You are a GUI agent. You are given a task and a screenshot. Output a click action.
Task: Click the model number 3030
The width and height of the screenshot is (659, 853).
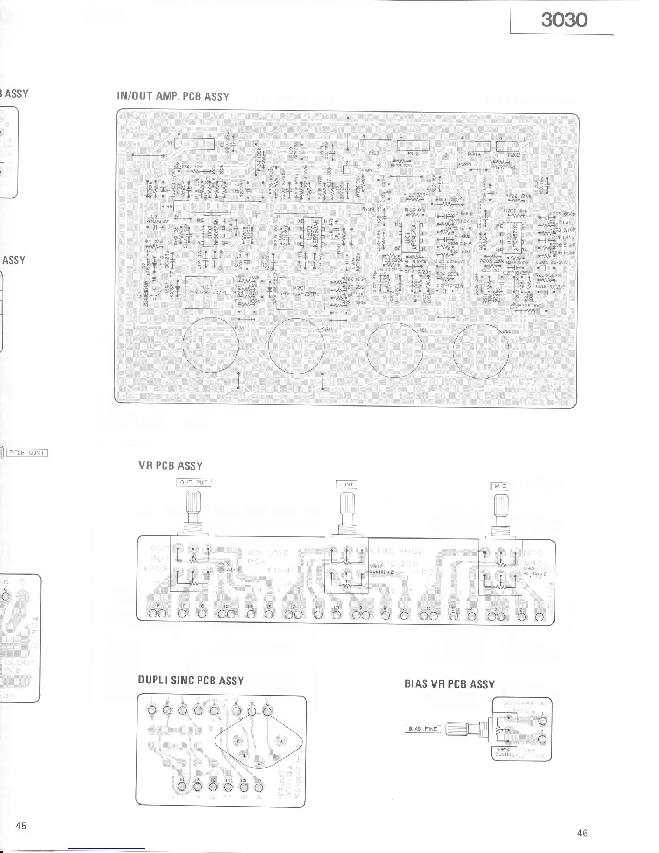(x=564, y=20)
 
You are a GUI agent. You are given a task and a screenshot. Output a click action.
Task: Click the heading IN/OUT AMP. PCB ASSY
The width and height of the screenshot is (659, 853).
(x=173, y=97)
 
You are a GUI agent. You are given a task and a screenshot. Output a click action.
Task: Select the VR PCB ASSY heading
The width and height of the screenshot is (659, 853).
(x=171, y=466)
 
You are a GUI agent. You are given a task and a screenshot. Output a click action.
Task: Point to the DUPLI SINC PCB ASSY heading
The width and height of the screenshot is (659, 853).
(x=191, y=681)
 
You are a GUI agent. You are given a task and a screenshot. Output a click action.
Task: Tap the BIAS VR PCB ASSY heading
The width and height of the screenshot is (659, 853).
(x=450, y=684)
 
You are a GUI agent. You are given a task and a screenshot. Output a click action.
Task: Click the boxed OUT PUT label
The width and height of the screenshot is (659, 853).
(x=194, y=483)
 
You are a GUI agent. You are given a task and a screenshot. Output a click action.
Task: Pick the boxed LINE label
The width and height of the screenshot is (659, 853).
(x=347, y=484)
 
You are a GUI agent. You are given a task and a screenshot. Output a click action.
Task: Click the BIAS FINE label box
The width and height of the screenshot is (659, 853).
(x=423, y=729)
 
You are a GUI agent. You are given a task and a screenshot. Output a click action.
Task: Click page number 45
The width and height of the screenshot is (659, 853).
(x=22, y=826)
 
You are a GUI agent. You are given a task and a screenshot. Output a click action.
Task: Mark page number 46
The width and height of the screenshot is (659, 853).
(x=582, y=833)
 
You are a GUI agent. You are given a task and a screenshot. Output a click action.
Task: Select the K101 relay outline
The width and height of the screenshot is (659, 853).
(x=209, y=292)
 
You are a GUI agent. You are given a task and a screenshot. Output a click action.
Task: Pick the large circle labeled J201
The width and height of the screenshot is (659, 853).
(x=481, y=351)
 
